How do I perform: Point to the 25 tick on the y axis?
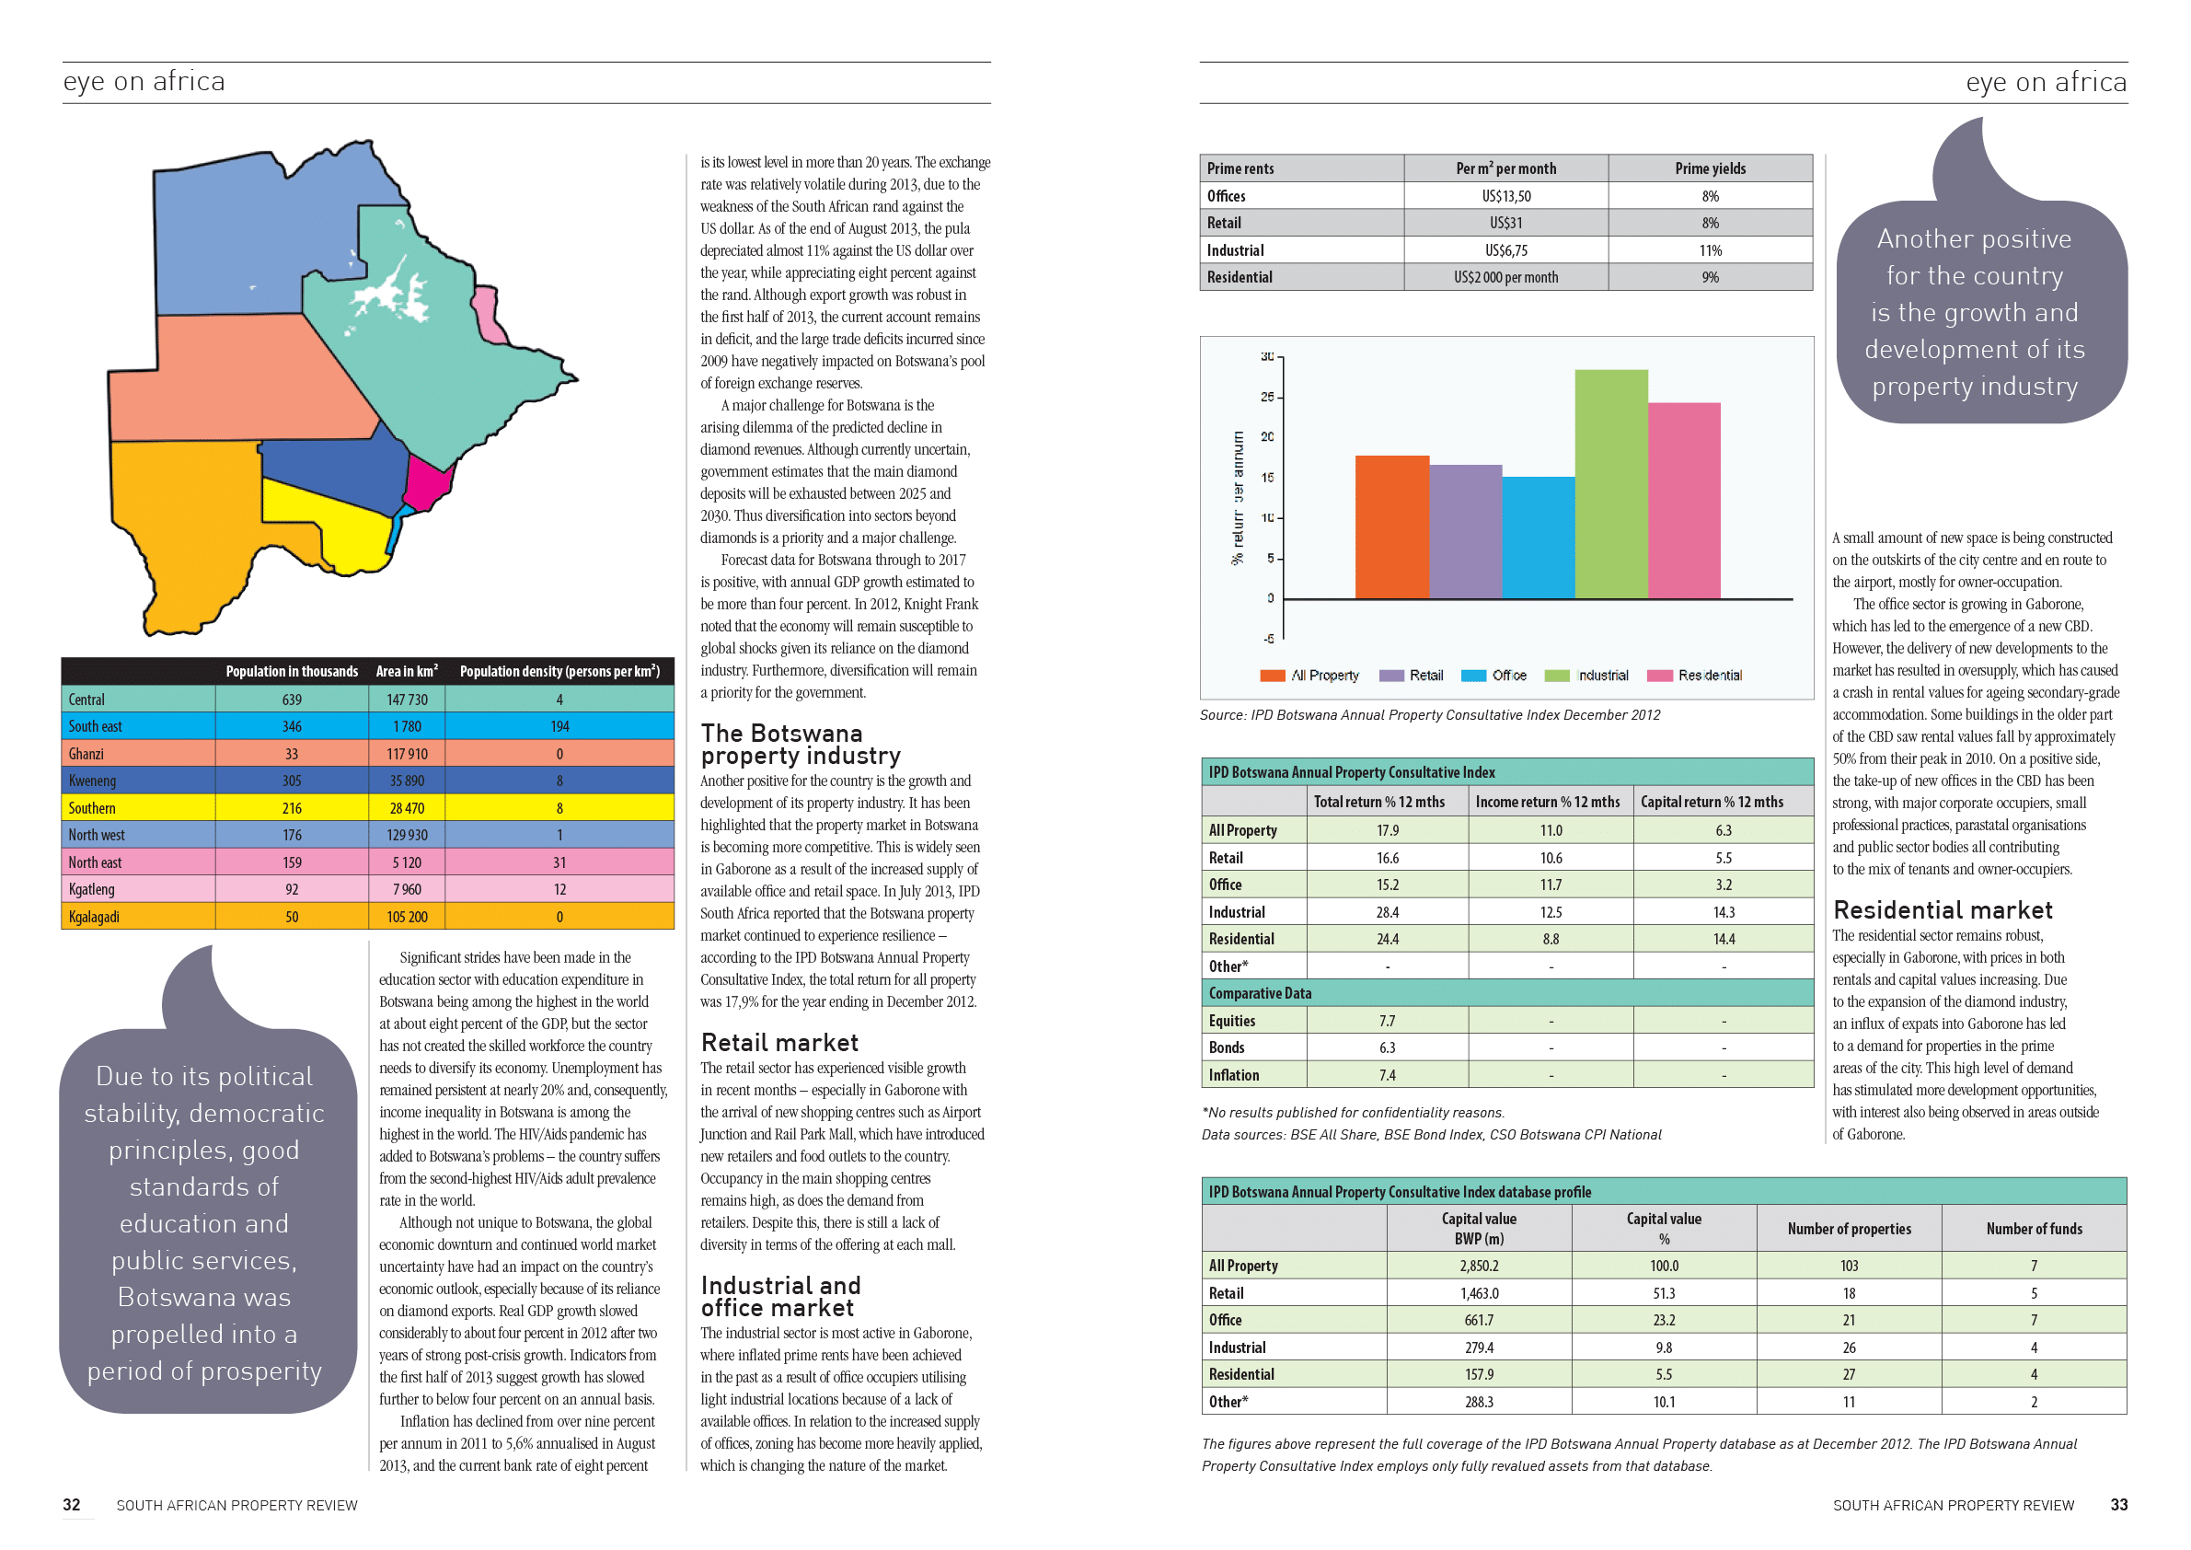point(1267,397)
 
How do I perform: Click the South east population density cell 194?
point(559,726)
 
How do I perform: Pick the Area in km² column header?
point(407,671)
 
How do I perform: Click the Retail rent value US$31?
point(1505,224)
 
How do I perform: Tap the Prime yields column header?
point(1710,169)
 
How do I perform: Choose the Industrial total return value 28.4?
point(1387,912)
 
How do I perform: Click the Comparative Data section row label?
point(1260,993)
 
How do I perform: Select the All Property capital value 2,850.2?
point(1478,1266)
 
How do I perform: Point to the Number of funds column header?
point(2034,1229)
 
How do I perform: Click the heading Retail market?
point(779,1042)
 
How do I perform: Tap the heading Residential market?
point(1942,909)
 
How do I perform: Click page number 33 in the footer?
point(2117,1505)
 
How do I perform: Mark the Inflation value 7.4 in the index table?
point(1387,1076)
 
